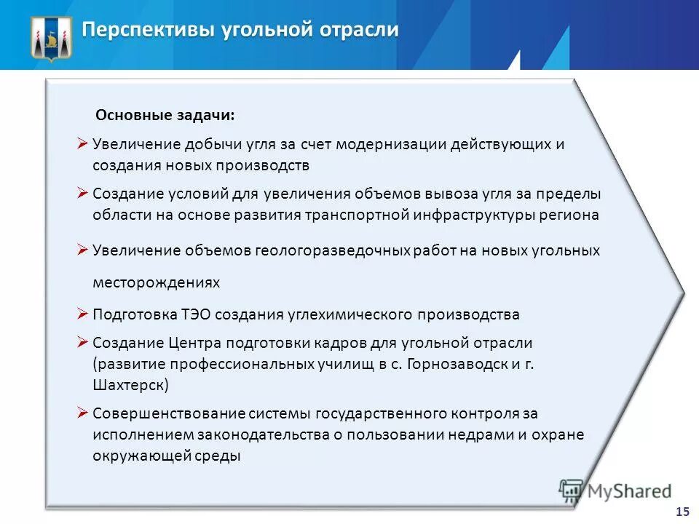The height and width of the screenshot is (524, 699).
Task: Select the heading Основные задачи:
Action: click(165, 116)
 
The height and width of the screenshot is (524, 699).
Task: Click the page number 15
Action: click(682, 511)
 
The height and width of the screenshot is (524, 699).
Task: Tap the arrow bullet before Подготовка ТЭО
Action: click(82, 314)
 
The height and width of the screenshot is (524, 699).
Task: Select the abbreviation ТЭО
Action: click(198, 314)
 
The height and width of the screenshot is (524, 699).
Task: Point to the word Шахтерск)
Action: click(130, 384)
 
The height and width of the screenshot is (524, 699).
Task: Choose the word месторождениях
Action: click(156, 282)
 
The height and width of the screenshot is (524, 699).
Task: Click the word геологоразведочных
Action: click(333, 250)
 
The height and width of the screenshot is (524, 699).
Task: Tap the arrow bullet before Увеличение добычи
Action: click(82, 143)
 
